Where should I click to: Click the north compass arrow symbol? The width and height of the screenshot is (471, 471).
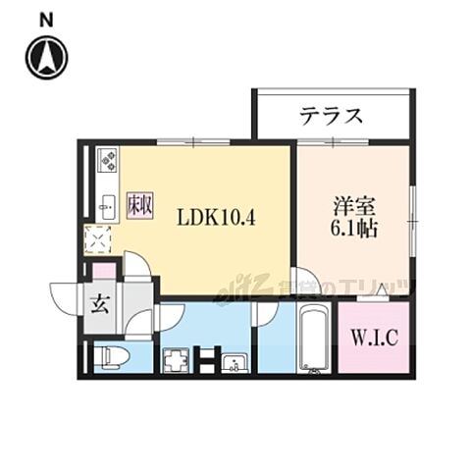47,57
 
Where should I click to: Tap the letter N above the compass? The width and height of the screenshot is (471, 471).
47,19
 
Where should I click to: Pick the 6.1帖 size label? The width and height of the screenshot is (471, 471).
354,229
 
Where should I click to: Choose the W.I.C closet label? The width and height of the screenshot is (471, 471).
373,340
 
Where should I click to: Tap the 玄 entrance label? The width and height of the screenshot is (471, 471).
100,303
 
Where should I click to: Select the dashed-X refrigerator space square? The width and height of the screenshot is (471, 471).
99,239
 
